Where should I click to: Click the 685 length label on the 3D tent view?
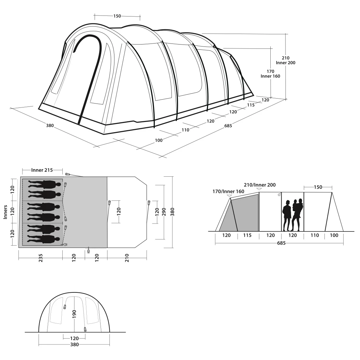tap(228, 126)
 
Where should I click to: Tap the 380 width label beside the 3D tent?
tap(50, 126)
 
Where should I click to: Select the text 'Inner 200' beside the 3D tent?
tap(285, 63)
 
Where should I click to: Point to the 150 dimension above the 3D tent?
tap(117, 16)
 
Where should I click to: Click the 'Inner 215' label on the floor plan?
tap(42, 170)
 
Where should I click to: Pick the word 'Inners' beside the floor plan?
tap(6, 212)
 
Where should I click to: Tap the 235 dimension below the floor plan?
tap(41, 258)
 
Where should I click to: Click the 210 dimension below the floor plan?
tap(127, 258)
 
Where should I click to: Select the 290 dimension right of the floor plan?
tap(164, 212)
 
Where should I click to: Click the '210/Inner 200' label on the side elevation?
tap(260, 185)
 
